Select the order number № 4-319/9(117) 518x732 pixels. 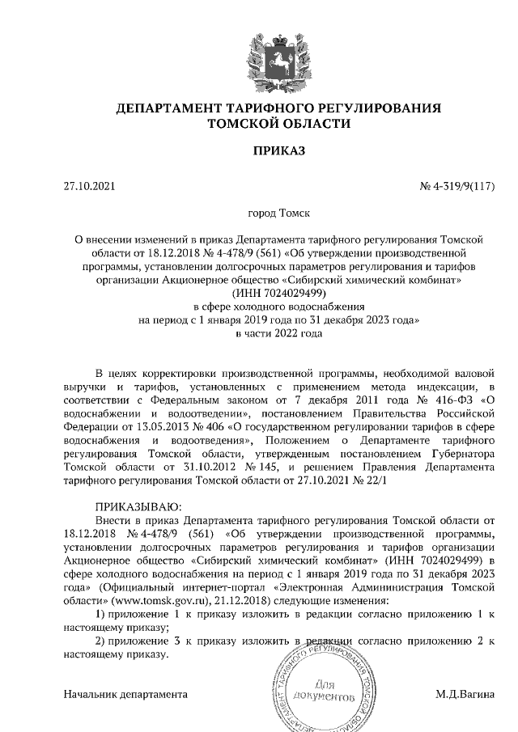click(456, 187)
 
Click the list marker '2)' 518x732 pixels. click(101, 642)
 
